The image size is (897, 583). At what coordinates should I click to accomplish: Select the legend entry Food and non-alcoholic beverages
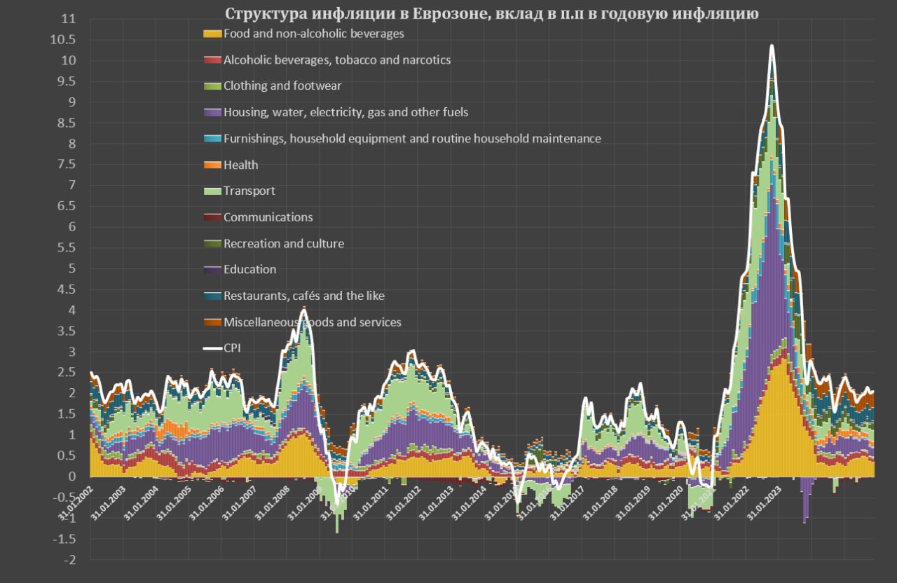[x=313, y=33]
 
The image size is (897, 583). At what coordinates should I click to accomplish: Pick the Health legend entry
[x=240, y=165]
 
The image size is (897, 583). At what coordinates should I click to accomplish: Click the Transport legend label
[x=249, y=191]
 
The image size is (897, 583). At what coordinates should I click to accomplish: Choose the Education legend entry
[x=249, y=269]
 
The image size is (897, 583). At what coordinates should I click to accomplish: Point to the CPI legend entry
[x=232, y=348]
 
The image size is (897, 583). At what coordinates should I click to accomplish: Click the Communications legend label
[x=268, y=217]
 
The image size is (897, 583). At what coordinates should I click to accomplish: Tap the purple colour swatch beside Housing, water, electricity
[x=212, y=112]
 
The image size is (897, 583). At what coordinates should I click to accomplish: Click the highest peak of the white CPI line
[x=772, y=46]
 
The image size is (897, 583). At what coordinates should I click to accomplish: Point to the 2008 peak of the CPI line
[x=303, y=308]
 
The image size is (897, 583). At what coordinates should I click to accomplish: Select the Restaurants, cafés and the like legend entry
[x=303, y=296]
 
